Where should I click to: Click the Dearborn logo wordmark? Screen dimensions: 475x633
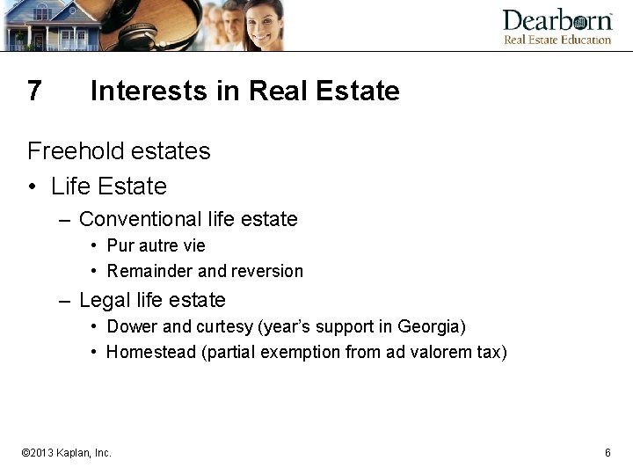tap(557, 20)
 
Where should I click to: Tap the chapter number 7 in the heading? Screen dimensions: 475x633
tap(34, 91)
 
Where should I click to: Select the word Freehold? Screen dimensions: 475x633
tap(75, 151)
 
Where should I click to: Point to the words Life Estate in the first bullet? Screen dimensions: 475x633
tap(108, 186)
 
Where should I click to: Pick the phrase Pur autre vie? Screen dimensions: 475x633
tap(156, 245)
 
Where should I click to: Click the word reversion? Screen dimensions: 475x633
tap(266, 271)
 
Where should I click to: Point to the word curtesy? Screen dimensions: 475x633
tap(224, 326)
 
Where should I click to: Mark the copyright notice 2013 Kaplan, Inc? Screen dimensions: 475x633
tap(67, 453)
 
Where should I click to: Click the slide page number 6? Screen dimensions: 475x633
tap(608, 452)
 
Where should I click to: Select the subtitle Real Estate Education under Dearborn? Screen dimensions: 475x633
tap(557, 40)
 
